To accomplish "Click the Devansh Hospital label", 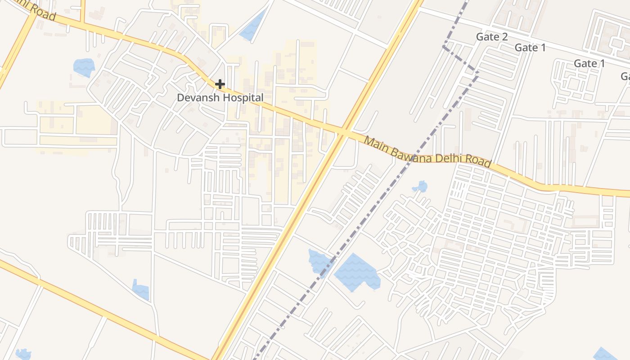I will click(220, 97).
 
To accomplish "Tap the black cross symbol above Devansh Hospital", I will click(220, 84).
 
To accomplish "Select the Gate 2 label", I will click(492, 37).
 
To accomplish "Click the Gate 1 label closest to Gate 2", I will click(530, 47).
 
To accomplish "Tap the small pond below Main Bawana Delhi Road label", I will click(420, 186).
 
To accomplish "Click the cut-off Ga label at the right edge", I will click(625, 76).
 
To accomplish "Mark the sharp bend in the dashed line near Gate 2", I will click(444, 46).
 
